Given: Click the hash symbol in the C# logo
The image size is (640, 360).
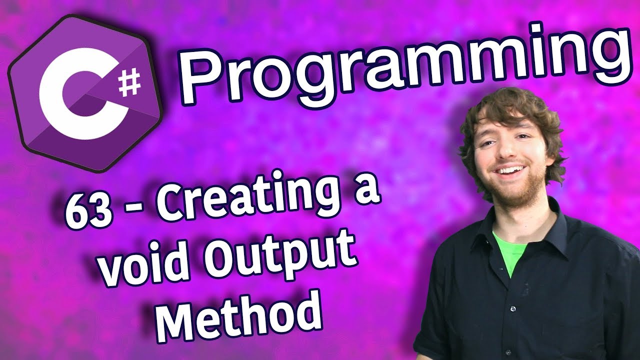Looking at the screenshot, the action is coord(130,83).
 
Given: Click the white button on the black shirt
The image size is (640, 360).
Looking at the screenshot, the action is coord(512,308).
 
